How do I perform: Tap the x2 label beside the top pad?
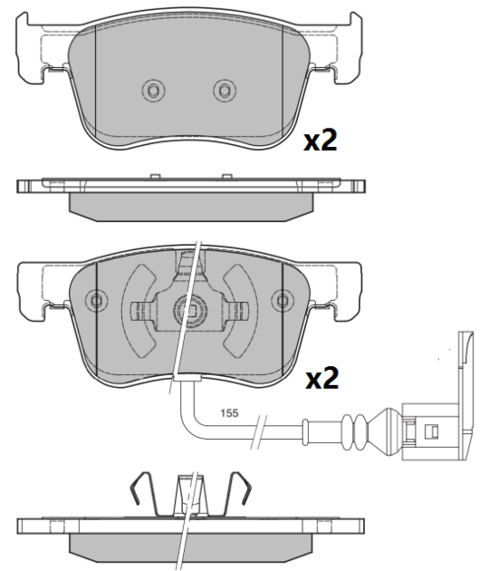tap(320, 140)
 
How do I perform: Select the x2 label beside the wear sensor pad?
tap(320, 378)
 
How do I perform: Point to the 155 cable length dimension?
tap(229, 413)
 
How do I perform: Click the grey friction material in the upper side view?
tap(190, 207)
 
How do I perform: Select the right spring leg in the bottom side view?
tap(241, 493)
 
